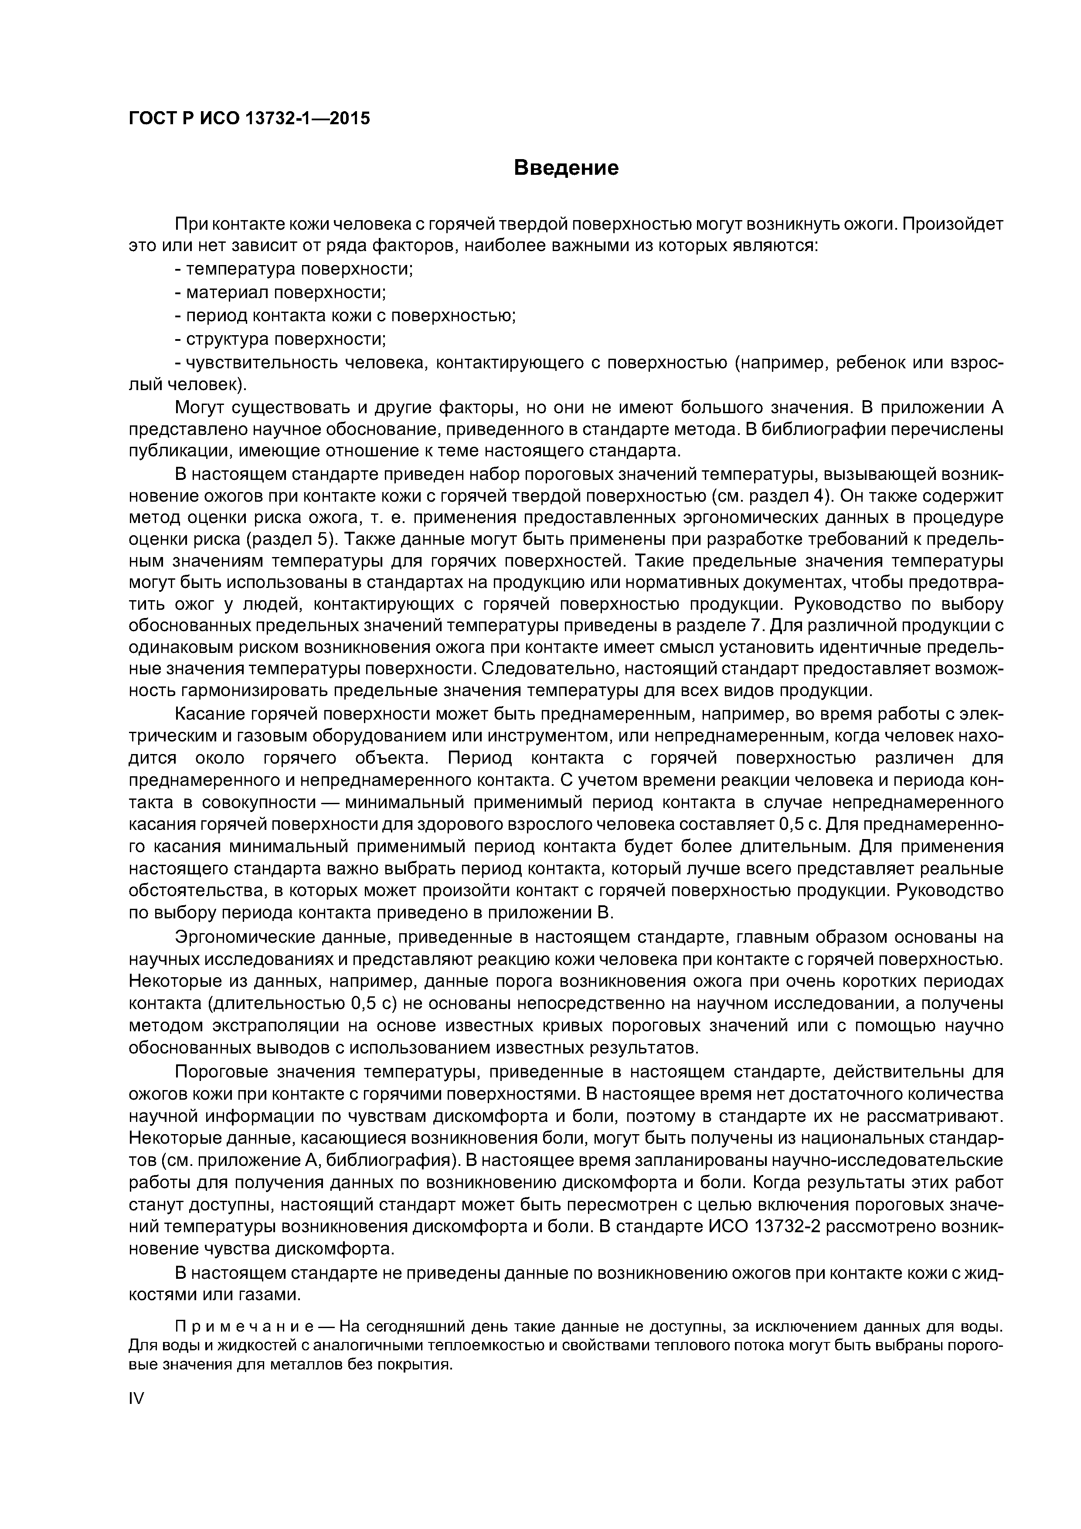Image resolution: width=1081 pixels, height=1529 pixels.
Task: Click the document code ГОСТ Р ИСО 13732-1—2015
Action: pos(249,119)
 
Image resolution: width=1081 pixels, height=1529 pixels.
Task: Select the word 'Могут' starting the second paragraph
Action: pos(198,408)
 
